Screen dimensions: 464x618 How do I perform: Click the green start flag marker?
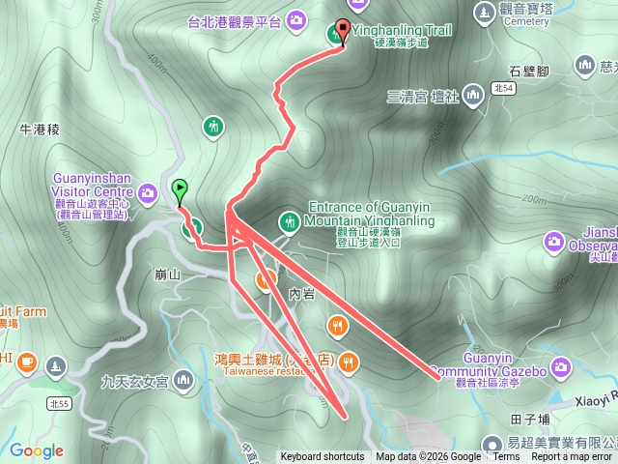tap(179, 189)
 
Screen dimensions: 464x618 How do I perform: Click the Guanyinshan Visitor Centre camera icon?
tap(148, 193)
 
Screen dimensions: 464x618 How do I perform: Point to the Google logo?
tap(36, 450)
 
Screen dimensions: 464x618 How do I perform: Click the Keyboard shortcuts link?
tap(323, 457)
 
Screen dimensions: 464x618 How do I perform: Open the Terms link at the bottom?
tap(505, 457)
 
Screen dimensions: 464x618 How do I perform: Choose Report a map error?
tap(572, 457)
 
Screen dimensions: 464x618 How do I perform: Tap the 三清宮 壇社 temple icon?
tap(473, 95)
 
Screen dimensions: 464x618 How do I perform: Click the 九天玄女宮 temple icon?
tap(184, 383)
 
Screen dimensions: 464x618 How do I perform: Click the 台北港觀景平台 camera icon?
tap(297, 18)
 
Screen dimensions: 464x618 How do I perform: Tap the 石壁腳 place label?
tap(529, 71)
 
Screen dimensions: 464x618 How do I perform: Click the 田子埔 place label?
tap(529, 419)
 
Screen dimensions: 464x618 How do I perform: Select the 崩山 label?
tap(168, 275)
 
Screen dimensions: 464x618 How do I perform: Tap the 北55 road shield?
tap(59, 400)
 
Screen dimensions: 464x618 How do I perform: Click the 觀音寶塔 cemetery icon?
tap(485, 13)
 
